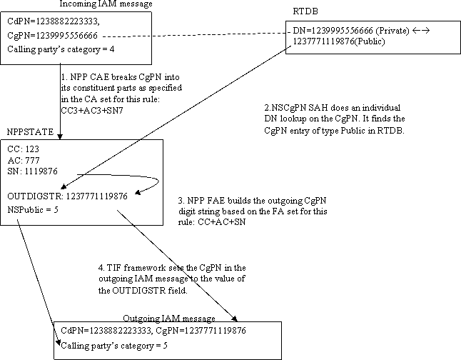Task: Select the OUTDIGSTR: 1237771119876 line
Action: click(x=68, y=196)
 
